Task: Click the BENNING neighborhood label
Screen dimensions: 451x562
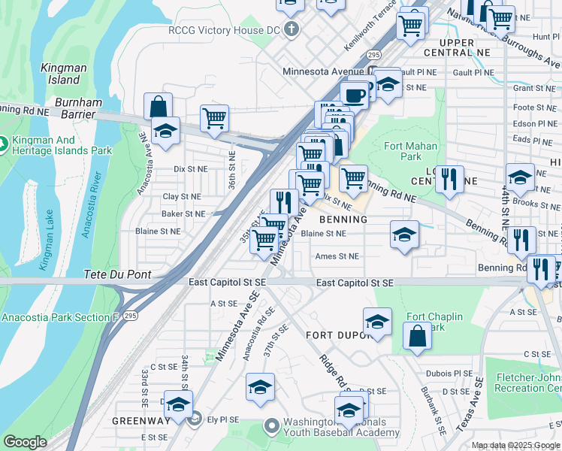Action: pyautogui.click(x=343, y=219)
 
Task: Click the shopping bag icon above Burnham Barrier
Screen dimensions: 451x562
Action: pyautogui.click(x=159, y=106)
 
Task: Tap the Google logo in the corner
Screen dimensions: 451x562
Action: pyautogui.click(x=25, y=442)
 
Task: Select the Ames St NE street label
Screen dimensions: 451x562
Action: pyautogui.click(x=337, y=256)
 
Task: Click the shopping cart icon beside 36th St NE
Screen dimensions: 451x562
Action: pyautogui.click(x=215, y=118)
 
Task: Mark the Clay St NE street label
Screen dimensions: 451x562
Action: pyautogui.click(x=182, y=197)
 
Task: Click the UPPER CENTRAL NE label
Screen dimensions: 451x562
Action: pyautogui.click(x=457, y=47)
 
